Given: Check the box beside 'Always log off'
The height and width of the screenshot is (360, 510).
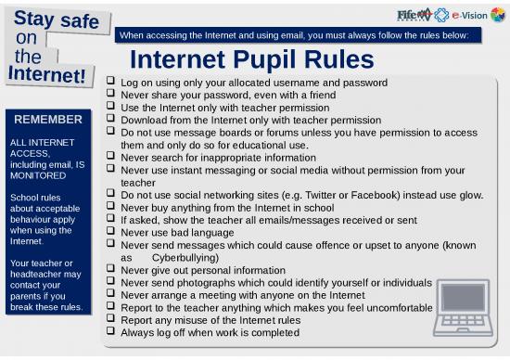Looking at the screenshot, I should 112,332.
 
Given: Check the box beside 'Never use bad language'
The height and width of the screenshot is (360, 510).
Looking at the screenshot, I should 112,232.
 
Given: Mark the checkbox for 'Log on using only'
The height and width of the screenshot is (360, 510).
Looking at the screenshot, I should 112,83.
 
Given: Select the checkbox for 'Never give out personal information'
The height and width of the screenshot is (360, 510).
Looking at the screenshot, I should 112,270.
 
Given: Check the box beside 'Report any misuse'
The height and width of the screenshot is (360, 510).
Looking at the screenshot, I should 112,320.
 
